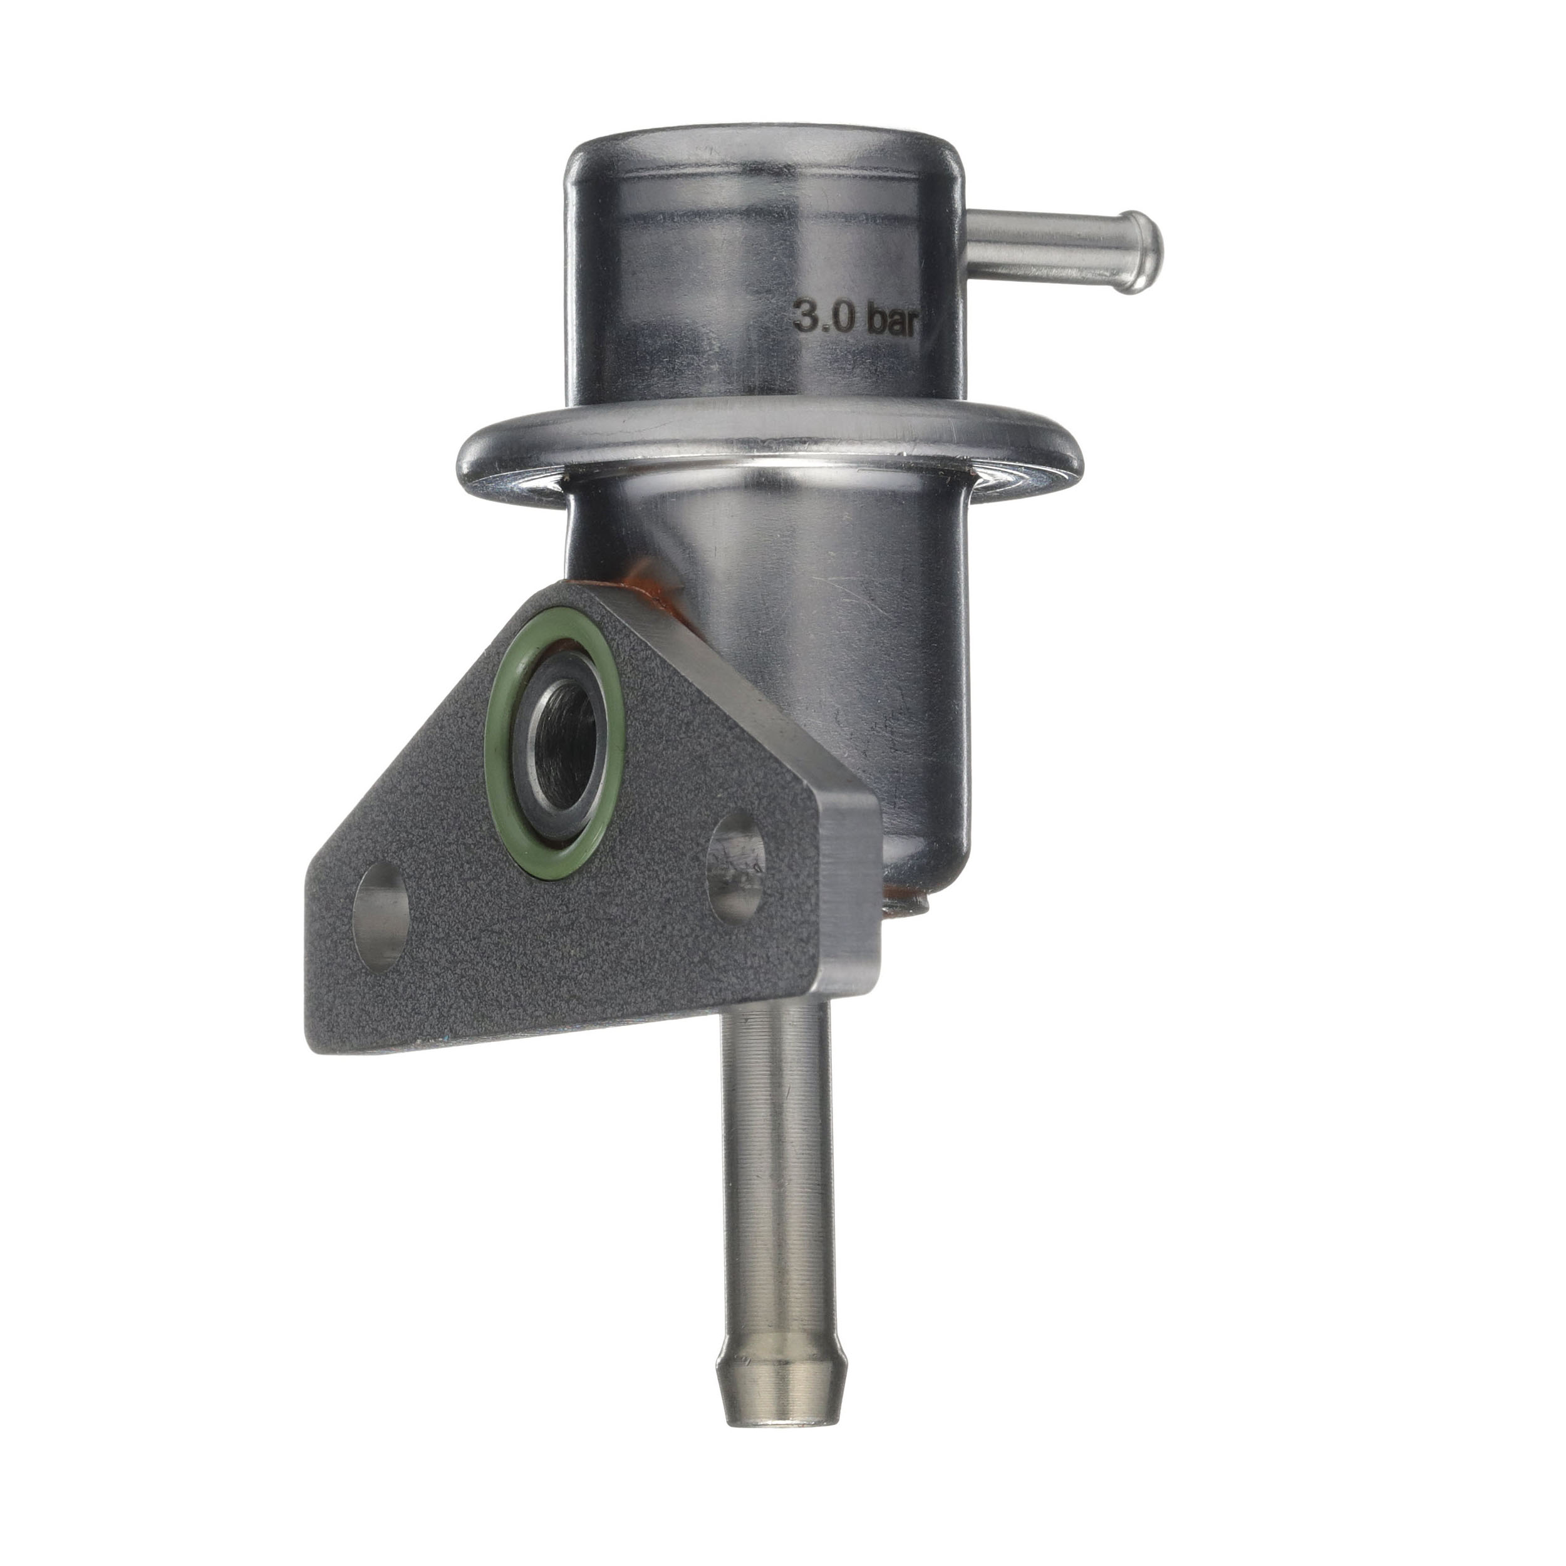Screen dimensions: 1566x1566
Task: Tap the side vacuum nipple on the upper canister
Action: [1062, 251]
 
